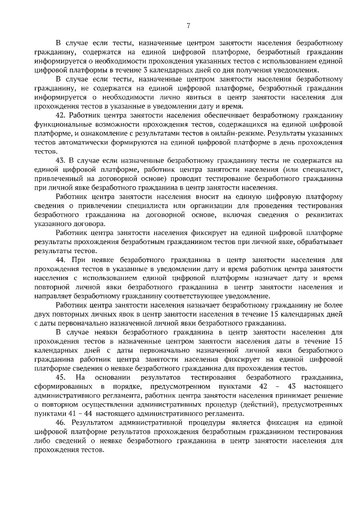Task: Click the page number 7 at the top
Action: click(x=188, y=25)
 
